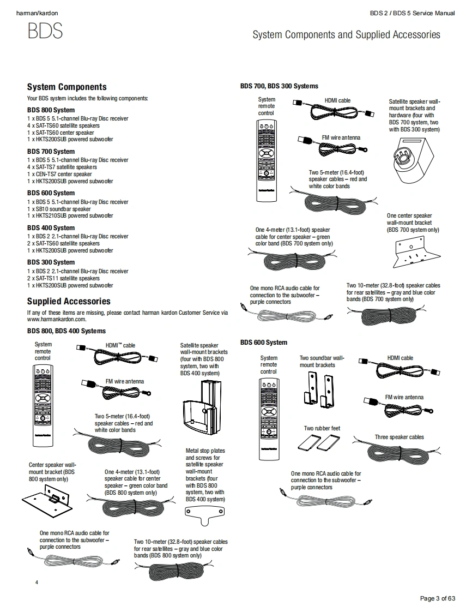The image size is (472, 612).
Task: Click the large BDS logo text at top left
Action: [45, 31]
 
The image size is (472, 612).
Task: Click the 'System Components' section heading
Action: [66, 87]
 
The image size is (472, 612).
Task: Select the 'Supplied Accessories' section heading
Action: [69, 301]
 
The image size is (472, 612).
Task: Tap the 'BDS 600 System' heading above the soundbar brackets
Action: [263, 343]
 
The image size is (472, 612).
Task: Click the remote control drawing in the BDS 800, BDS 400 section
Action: [43, 404]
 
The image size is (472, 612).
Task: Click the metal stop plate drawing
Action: [205, 513]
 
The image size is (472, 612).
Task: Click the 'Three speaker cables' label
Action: [399, 437]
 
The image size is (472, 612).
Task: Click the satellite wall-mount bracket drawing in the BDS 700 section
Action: [412, 161]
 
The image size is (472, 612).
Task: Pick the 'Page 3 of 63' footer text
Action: [437, 598]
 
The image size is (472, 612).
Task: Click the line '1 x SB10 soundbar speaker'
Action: [59, 209]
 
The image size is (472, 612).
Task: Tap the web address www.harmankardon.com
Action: [57, 320]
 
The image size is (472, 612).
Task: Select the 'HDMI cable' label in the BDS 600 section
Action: [400, 358]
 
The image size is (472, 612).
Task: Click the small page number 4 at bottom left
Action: [37, 583]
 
